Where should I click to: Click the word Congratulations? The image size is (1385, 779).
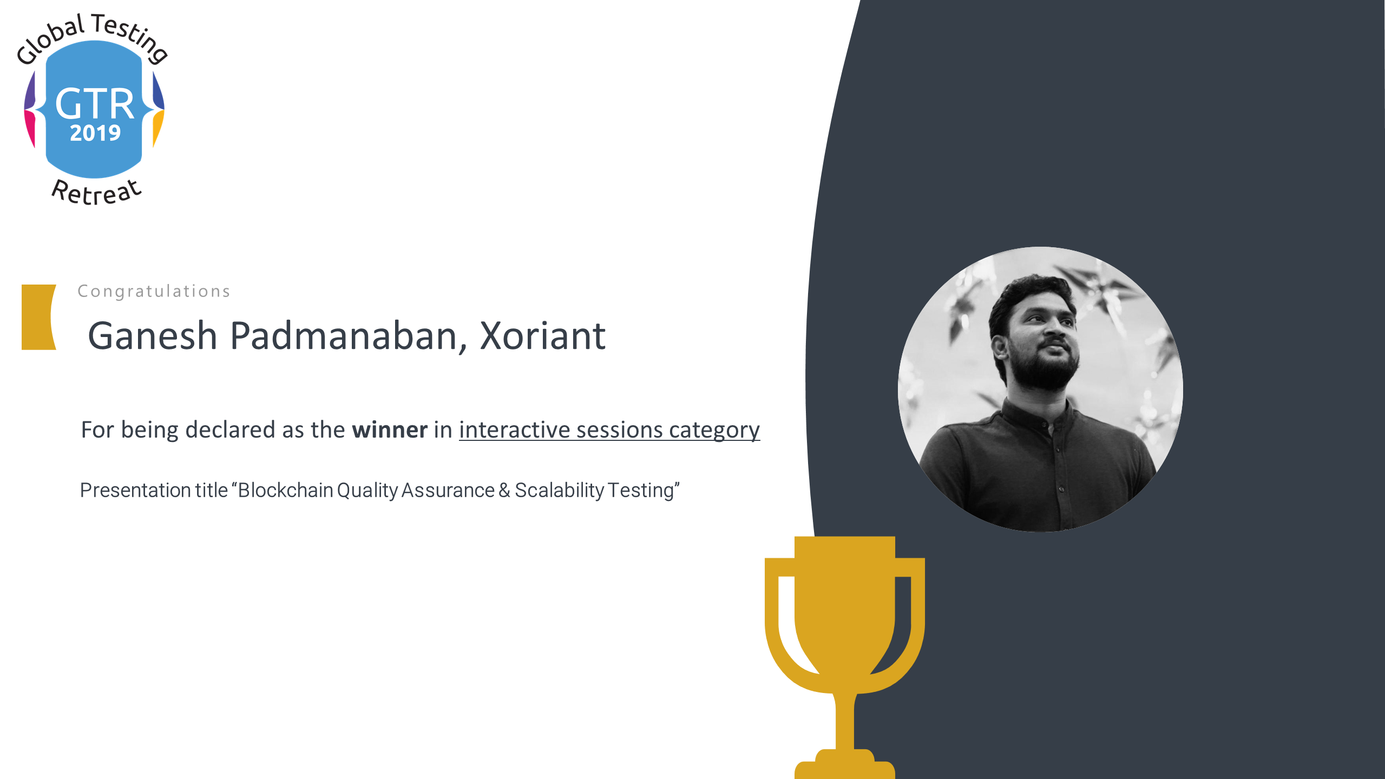coord(154,292)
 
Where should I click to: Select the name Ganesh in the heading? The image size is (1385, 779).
coord(153,336)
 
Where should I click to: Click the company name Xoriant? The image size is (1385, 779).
coord(543,336)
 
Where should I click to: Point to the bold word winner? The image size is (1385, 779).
coord(390,430)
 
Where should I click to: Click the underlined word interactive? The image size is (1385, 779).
coord(515,430)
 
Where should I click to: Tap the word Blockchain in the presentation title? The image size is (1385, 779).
coord(286,490)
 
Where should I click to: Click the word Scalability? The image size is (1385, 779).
coord(560,491)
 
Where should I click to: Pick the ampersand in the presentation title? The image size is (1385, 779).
coord(504,490)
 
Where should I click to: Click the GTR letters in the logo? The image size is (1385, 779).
coord(95,104)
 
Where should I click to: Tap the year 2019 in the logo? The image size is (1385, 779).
coord(95,133)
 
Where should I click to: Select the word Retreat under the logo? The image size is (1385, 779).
coord(96,192)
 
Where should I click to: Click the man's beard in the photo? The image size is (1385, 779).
coord(1042,368)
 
